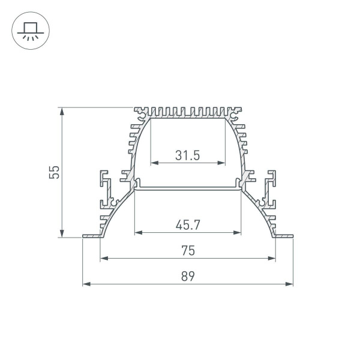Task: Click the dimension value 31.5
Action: pyautogui.click(x=188, y=155)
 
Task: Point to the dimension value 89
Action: pyautogui.click(x=188, y=277)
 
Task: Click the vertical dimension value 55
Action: pyautogui.click(x=54, y=173)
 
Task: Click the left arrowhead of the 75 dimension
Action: pyautogui.click(x=103, y=259)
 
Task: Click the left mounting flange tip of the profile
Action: pyautogui.click(x=85, y=238)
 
